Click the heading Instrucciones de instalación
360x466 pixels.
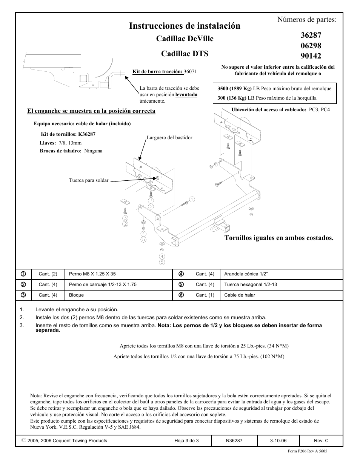[x=185, y=26]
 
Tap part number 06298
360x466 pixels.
[x=311, y=46]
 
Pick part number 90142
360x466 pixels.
[x=311, y=56]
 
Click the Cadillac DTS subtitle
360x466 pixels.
[x=185, y=54]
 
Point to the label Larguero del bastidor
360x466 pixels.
[x=169, y=138]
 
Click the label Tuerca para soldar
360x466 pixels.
[x=89, y=180]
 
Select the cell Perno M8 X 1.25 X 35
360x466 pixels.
[x=92, y=274]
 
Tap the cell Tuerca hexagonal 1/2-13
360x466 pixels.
[x=250, y=285]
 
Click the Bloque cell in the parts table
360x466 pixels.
[x=77, y=295]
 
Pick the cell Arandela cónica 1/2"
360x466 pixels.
[x=246, y=274]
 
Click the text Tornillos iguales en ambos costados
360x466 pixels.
[x=279, y=238]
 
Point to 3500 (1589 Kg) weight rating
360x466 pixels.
[x=235, y=89]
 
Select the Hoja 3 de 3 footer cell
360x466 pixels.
[x=186, y=441]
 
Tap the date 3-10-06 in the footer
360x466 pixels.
[x=278, y=441]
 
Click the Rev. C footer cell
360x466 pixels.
[x=321, y=441]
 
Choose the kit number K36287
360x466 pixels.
[x=87, y=134]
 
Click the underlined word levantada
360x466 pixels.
[x=186, y=95]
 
